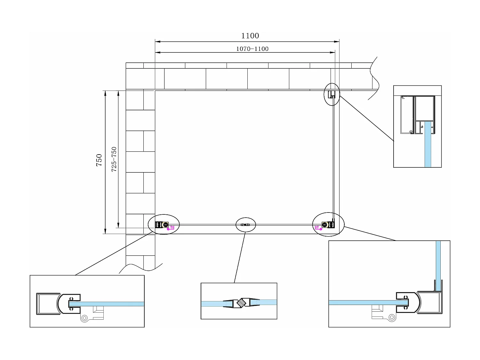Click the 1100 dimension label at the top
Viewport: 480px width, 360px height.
[x=250, y=36]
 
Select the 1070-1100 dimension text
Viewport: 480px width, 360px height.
[x=252, y=49]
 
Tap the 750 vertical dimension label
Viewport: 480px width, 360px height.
[x=99, y=160]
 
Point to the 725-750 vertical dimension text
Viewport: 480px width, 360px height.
[x=114, y=159]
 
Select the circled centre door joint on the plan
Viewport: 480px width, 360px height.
[x=246, y=225]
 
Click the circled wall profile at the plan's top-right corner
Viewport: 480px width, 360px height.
[x=331, y=94]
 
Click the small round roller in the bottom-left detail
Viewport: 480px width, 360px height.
[x=84, y=318]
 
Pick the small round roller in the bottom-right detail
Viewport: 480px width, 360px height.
[x=392, y=317]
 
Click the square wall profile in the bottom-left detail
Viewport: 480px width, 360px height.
[x=48, y=304]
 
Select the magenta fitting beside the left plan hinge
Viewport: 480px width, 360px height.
[x=171, y=228]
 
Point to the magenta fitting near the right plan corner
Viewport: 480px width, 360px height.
[x=318, y=228]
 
